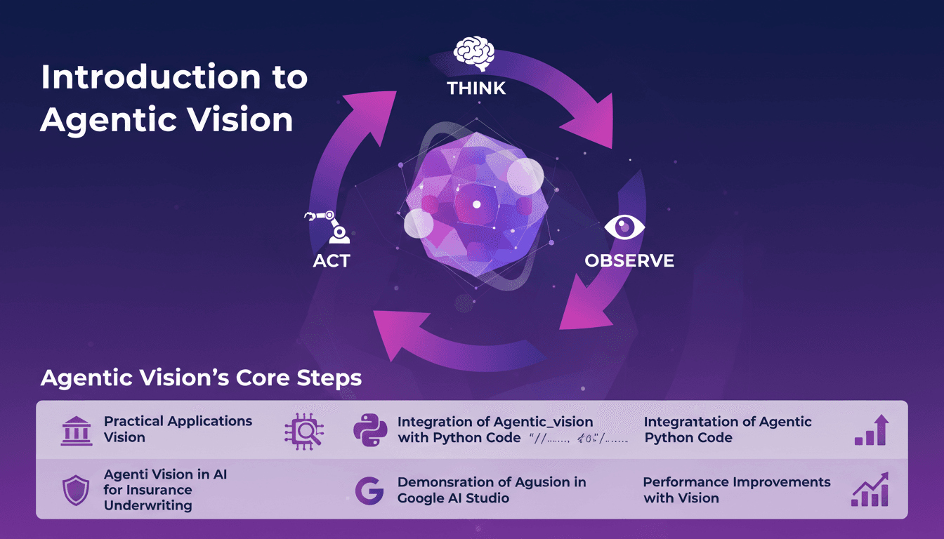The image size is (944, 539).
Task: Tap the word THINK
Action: pos(476,88)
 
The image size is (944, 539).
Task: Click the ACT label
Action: pos(332,261)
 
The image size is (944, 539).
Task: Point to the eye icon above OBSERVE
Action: pos(624,227)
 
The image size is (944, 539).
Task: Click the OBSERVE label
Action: pos(629,261)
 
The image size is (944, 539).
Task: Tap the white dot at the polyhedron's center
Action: pos(476,204)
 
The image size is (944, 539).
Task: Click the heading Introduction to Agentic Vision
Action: pos(174,98)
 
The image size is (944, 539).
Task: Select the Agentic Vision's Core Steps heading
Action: pos(201,378)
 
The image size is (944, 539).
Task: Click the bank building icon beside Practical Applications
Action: pos(77,430)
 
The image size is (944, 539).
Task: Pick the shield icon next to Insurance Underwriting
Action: pos(75,491)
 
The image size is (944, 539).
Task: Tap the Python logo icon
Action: pos(370,430)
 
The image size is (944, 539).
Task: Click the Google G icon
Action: pos(369,491)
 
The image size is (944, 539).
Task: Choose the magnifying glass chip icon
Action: pos(303,430)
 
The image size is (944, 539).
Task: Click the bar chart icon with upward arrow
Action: pos(872,430)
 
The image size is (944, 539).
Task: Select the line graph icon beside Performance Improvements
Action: pos(870,490)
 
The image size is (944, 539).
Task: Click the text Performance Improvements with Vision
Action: pos(737,490)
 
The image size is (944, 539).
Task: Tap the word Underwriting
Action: pos(148,505)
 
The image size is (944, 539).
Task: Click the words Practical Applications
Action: pos(178,421)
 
